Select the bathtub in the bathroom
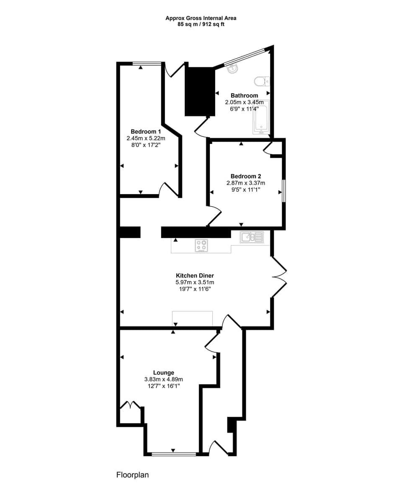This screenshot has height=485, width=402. point(260,119)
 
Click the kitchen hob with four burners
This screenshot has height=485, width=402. point(201,245)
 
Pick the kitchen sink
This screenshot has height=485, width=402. point(252,237)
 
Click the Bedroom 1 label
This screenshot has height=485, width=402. point(146,131)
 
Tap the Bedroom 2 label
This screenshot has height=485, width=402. point(246,176)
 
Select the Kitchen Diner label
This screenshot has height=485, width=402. point(195,276)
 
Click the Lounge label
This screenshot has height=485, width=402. point(164,373)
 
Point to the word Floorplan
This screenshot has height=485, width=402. point(132,475)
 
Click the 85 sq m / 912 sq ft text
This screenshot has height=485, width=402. point(201,24)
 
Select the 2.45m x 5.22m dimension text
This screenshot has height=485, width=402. point(146,138)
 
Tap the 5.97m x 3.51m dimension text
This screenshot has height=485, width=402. point(195,282)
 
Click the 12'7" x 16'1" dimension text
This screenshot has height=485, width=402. point(164,386)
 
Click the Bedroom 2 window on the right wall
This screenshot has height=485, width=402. point(283,191)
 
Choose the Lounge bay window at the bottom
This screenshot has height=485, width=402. point(174,454)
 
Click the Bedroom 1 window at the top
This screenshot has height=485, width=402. point(147,64)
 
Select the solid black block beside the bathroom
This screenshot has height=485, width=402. point(200,91)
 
